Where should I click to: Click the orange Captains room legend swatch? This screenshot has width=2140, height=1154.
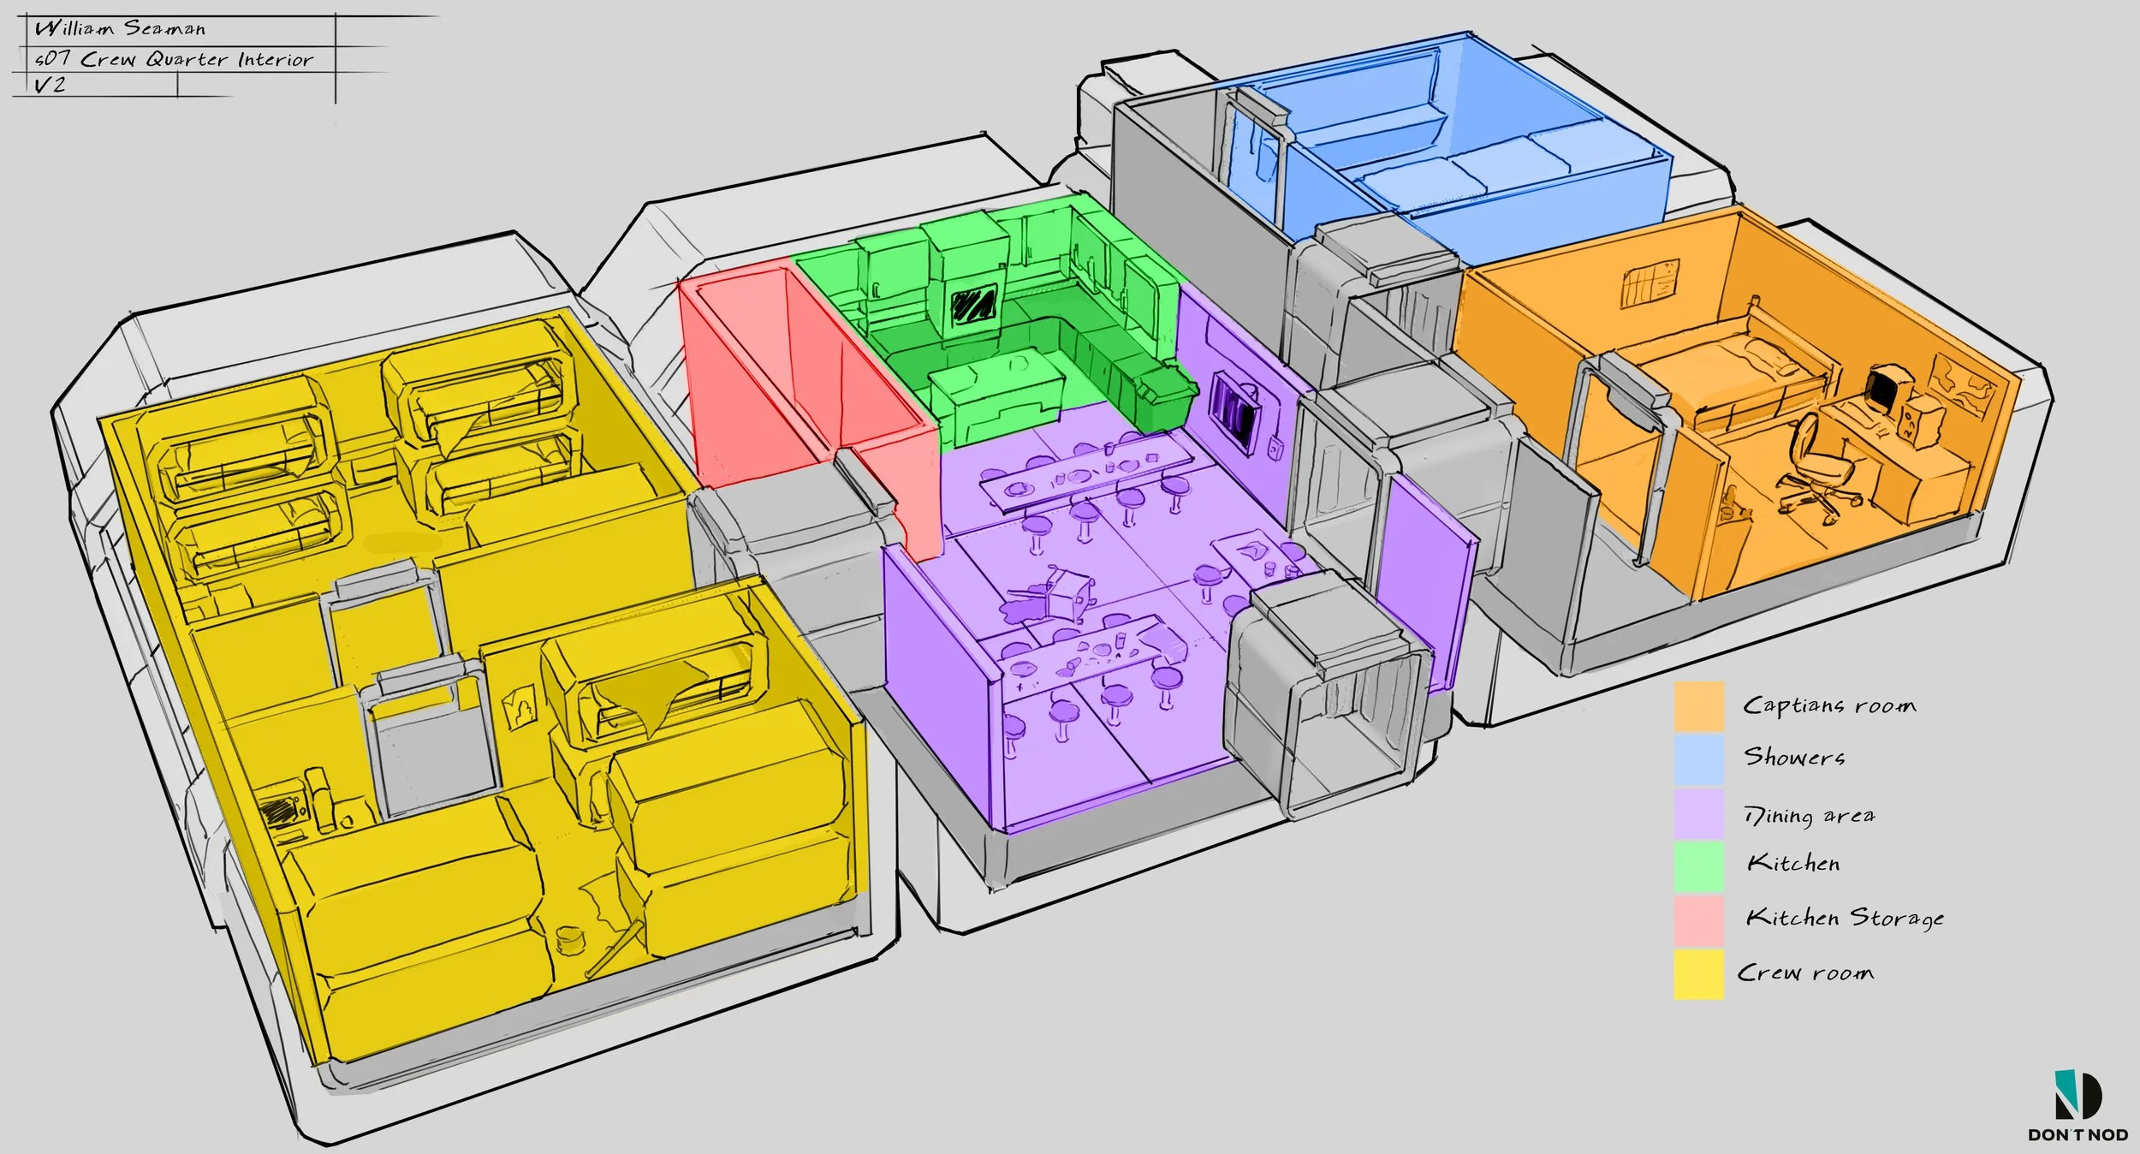[x=1699, y=706]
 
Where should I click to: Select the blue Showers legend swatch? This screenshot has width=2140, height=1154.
[x=1699, y=759]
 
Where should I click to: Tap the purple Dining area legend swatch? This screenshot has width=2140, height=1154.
[x=1699, y=813]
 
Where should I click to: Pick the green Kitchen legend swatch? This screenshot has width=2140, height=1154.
[x=1699, y=866]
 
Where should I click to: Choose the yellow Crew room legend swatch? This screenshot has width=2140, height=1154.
[x=1699, y=974]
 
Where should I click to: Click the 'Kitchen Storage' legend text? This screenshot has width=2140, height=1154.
[x=1845, y=919]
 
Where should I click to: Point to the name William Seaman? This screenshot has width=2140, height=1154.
[x=120, y=28]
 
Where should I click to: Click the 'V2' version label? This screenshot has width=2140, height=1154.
[x=50, y=85]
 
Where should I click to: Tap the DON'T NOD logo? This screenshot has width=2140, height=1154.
[x=2078, y=1105]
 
